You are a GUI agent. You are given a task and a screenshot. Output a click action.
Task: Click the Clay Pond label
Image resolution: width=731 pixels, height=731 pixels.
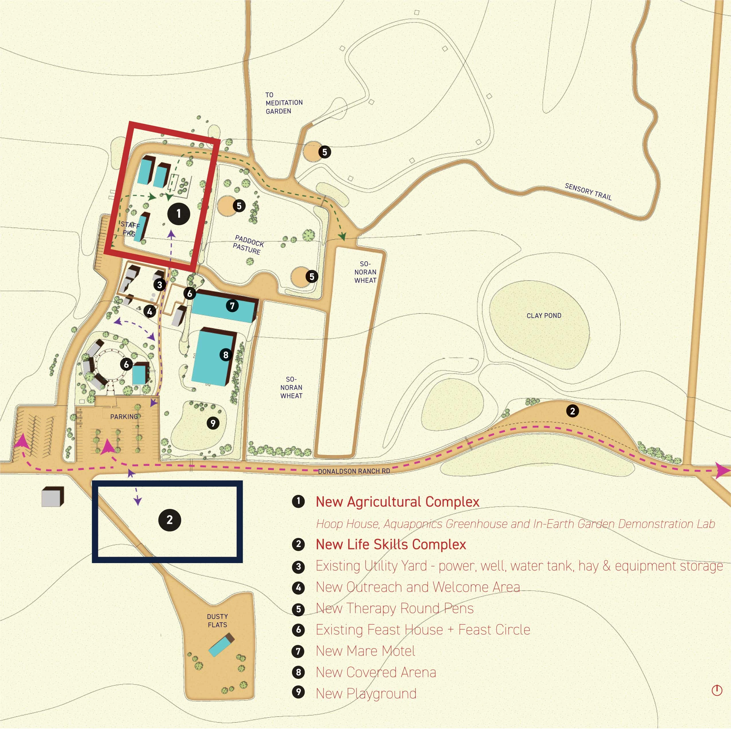point(544,315)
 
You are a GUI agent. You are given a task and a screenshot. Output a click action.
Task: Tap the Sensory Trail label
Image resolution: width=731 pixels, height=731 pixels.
point(588,191)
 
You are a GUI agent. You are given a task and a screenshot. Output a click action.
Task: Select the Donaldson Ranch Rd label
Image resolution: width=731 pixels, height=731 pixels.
point(354,471)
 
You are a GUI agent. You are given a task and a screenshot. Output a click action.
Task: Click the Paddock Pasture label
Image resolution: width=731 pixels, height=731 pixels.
point(248,245)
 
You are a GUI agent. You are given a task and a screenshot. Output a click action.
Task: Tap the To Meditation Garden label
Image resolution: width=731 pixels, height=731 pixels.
point(283,103)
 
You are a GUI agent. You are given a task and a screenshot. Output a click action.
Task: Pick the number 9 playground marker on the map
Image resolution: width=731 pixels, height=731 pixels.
point(213,423)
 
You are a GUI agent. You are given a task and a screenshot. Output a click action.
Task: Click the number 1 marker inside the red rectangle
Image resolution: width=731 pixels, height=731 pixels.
point(179,214)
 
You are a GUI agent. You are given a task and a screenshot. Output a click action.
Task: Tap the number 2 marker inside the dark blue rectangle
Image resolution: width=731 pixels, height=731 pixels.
point(170,520)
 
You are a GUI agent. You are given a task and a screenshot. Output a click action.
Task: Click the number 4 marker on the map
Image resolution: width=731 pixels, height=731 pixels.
point(150,311)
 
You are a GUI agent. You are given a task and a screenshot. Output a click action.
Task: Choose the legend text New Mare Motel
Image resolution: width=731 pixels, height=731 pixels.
point(365,651)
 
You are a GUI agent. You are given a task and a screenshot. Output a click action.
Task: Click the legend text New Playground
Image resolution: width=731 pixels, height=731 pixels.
point(366,693)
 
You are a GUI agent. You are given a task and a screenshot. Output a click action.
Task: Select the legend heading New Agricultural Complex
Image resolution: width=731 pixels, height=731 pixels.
point(397,502)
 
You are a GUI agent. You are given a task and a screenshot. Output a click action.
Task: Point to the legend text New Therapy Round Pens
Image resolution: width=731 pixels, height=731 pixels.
point(394,608)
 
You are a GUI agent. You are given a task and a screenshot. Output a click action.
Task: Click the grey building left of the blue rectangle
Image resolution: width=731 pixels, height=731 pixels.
point(52,496)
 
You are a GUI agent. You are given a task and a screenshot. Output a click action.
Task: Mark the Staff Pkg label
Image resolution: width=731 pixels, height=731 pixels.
point(130,229)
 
